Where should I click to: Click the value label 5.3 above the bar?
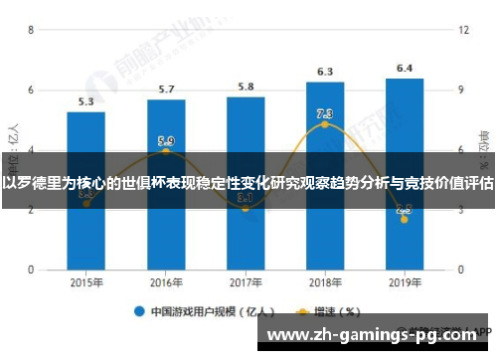[86, 101]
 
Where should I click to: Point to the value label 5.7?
[166, 90]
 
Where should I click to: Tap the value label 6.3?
[325, 72]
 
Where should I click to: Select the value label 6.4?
[405, 69]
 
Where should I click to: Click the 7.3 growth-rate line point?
[325, 124]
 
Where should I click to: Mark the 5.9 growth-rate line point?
[166, 151]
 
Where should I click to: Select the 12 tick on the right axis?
[463, 30]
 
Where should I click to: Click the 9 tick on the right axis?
[461, 90]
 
